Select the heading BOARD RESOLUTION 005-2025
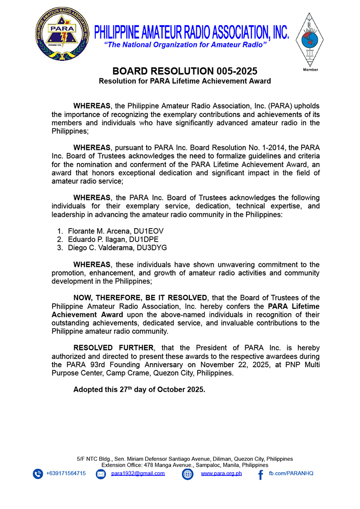(184, 72)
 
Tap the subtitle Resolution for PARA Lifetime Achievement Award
(184, 81)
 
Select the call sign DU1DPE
(144, 239)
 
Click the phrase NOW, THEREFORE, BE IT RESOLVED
(140, 297)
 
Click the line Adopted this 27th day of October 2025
(139, 390)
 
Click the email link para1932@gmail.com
(138, 473)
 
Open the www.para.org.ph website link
(221, 473)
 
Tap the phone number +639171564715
(66, 473)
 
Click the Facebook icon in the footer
(260, 474)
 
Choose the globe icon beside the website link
(187, 474)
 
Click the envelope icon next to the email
(101, 474)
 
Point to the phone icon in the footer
(37, 474)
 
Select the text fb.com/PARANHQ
(291, 473)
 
